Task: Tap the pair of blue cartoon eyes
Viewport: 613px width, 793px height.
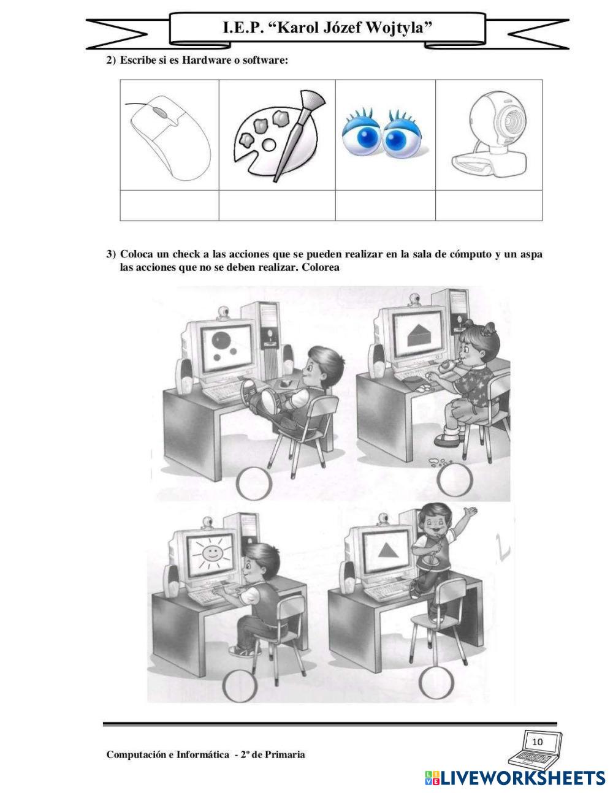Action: tap(385, 133)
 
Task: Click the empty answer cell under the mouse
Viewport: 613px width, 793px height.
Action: tap(169, 205)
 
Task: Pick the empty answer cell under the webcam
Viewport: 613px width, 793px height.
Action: tap(489, 205)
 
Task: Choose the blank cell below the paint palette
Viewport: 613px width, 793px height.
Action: tap(277, 205)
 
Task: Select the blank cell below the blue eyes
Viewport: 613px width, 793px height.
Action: tap(385, 205)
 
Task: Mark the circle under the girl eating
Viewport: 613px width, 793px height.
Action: tap(454, 480)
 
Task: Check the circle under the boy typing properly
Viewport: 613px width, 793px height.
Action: tap(240, 685)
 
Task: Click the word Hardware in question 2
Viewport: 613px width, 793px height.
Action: tap(207, 60)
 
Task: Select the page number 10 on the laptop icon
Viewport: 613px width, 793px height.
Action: tap(538, 742)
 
